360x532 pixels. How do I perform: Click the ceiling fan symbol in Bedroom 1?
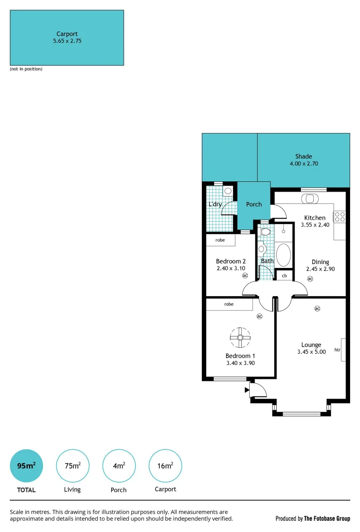pyautogui.click(x=240, y=337)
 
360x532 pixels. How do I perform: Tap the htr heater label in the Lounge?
pyautogui.click(x=337, y=350)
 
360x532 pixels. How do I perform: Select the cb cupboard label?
pyautogui.click(x=284, y=276)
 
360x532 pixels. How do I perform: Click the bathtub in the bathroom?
pyautogui.click(x=284, y=255)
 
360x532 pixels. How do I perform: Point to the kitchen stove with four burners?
pyautogui.click(x=339, y=216)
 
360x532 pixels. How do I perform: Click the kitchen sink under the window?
pyautogui.click(x=310, y=199)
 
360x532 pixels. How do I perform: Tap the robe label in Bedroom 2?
pyautogui.click(x=220, y=240)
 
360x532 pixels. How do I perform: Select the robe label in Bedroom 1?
pyautogui.click(x=229, y=304)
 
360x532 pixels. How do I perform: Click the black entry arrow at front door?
pyautogui.click(x=247, y=390)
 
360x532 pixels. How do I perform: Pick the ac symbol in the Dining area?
pyautogui.click(x=310, y=279)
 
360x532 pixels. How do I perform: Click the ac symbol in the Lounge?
pyautogui.click(x=317, y=309)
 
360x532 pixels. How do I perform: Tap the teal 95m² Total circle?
pyautogui.click(x=27, y=465)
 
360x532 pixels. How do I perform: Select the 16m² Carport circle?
pyautogui.click(x=165, y=465)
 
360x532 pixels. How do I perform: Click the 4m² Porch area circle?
pyautogui.click(x=119, y=465)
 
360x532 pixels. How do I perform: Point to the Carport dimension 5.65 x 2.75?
pyautogui.click(x=67, y=41)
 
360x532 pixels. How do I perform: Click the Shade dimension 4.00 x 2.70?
pyautogui.click(x=304, y=164)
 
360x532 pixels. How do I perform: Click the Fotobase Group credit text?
pyautogui.click(x=312, y=518)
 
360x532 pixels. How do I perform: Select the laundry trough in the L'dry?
pyautogui.click(x=228, y=191)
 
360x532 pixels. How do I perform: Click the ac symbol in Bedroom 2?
pyautogui.click(x=245, y=276)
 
